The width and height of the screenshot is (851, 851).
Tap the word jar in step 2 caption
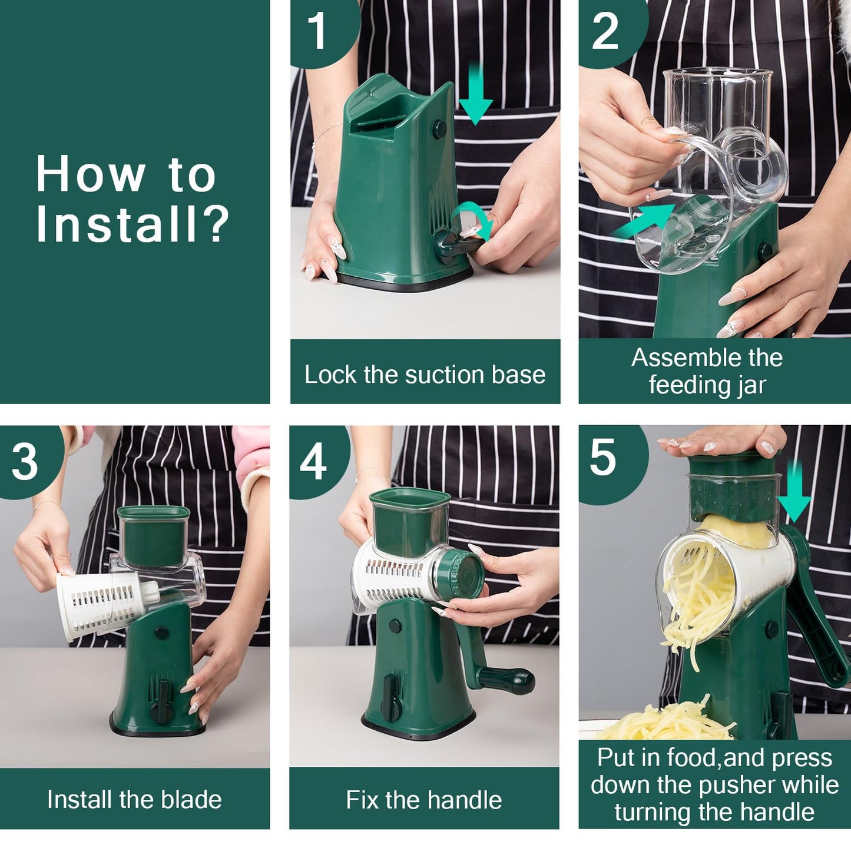751,385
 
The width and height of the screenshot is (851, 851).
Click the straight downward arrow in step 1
475,97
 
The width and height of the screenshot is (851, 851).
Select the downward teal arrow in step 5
794,492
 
